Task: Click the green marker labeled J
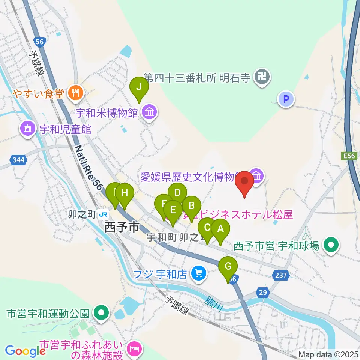click(139, 87)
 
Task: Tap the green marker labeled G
click(228, 267)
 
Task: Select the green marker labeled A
click(220, 229)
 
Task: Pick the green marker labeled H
click(124, 194)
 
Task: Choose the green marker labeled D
click(177, 193)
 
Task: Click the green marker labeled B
click(191, 206)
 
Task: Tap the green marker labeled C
click(207, 228)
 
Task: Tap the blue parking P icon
click(286, 99)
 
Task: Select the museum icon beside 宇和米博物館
click(150, 112)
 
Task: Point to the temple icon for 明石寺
click(262, 78)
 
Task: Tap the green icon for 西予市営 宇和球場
click(331, 246)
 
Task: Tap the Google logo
click(25, 351)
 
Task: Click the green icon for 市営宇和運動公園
click(101, 312)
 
